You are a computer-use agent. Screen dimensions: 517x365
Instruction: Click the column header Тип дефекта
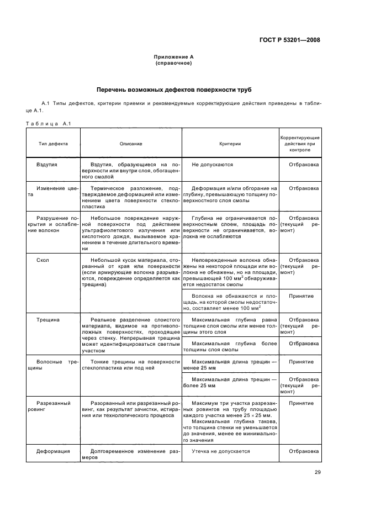[x=53, y=144]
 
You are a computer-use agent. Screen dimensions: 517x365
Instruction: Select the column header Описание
[x=131, y=144]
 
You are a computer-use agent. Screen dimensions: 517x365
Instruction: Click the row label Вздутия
[x=47, y=165]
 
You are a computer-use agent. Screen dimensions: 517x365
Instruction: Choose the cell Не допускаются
[x=212, y=165]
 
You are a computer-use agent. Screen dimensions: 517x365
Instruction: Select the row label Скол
[x=43, y=260]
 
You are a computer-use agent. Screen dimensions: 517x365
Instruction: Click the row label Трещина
[x=48, y=320]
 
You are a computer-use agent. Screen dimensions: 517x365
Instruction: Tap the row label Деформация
[x=53, y=451]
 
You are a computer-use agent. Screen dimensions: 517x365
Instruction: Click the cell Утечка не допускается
[x=220, y=451]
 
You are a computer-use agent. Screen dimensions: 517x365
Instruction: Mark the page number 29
[x=317, y=472]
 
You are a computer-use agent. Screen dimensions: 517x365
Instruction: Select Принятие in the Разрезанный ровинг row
[x=301, y=403]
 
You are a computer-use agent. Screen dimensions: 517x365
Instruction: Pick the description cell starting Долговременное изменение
[x=131, y=455]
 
